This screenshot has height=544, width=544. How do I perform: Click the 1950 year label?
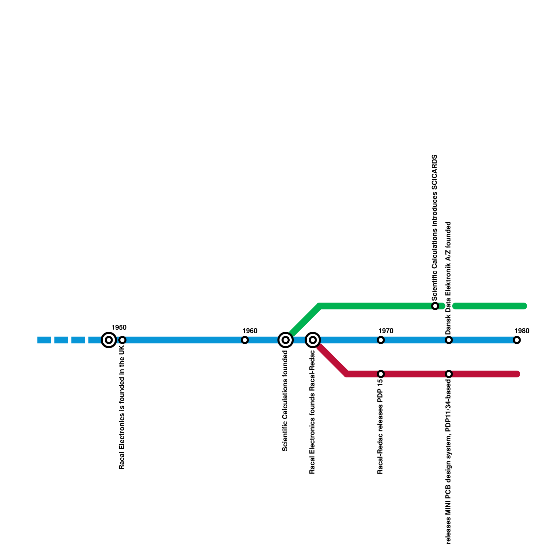tap(119, 327)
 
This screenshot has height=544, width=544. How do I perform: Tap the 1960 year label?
tap(250, 331)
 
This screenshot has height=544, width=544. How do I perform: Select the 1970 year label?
tap(386, 331)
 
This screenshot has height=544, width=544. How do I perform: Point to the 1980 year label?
tap(522, 331)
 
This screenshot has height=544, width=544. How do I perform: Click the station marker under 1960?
tap(245, 340)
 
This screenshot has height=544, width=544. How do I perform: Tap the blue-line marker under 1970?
tap(381, 340)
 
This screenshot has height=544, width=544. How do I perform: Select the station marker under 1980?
tap(517, 340)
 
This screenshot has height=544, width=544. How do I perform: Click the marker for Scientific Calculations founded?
tap(286, 340)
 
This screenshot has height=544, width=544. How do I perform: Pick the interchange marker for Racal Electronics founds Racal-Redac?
tap(313, 340)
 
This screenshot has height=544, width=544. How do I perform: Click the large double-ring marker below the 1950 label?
tap(109, 340)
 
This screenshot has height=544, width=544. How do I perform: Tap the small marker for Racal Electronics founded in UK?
tap(122, 340)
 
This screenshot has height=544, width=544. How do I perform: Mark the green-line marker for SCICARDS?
tap(435, 306)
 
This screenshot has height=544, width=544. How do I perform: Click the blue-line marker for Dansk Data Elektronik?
tap(449, 340)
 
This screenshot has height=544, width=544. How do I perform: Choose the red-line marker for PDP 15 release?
tap(381, 374)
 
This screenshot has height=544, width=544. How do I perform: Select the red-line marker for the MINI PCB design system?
tap(449, 374)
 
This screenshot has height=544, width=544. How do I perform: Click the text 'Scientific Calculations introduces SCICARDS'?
tap(435, 228)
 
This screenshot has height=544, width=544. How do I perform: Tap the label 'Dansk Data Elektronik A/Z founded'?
tap(448, 278)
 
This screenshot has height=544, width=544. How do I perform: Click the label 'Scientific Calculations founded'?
tap(285, 401)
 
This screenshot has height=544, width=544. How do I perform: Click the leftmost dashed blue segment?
tap(44, 340)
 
